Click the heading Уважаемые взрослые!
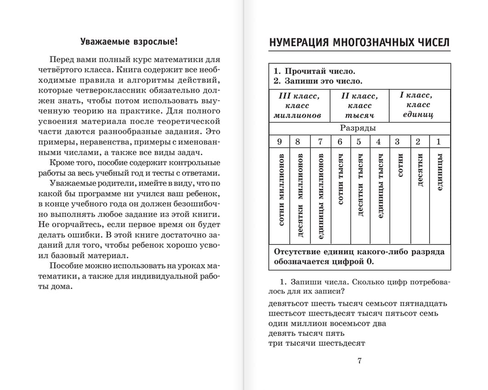point(129,42)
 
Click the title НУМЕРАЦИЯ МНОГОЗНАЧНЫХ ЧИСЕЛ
point(359,42)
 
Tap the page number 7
point(359,361)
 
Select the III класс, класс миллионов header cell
point(298,106)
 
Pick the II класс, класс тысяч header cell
point(359,106)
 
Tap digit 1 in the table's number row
point(438,141)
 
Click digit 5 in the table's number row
point(359,141)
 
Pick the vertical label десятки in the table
point(419,170)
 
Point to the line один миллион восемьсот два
point(327,323)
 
